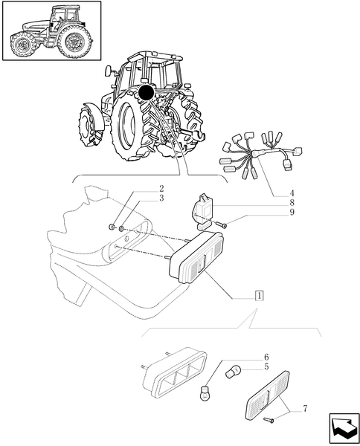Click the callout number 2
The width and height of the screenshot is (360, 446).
[161, 188]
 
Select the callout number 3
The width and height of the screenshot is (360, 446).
[161, 198]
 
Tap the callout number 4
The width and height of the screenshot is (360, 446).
[292, 194]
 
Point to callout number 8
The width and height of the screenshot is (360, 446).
[292, 203]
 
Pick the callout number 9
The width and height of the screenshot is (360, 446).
[292, 213]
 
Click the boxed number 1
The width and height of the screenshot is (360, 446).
[260, 296]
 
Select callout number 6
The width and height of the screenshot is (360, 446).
[266, 357]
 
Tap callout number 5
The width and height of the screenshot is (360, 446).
[266, 366]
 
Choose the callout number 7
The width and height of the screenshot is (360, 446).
[305, 409]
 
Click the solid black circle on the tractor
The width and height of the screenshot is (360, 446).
[147, 92]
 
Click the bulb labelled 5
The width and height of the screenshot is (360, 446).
[234, 372]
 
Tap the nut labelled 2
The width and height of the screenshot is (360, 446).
[112, 227]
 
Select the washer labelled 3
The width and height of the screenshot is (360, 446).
[121, 228]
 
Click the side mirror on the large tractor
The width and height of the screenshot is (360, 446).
[108, 71]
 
